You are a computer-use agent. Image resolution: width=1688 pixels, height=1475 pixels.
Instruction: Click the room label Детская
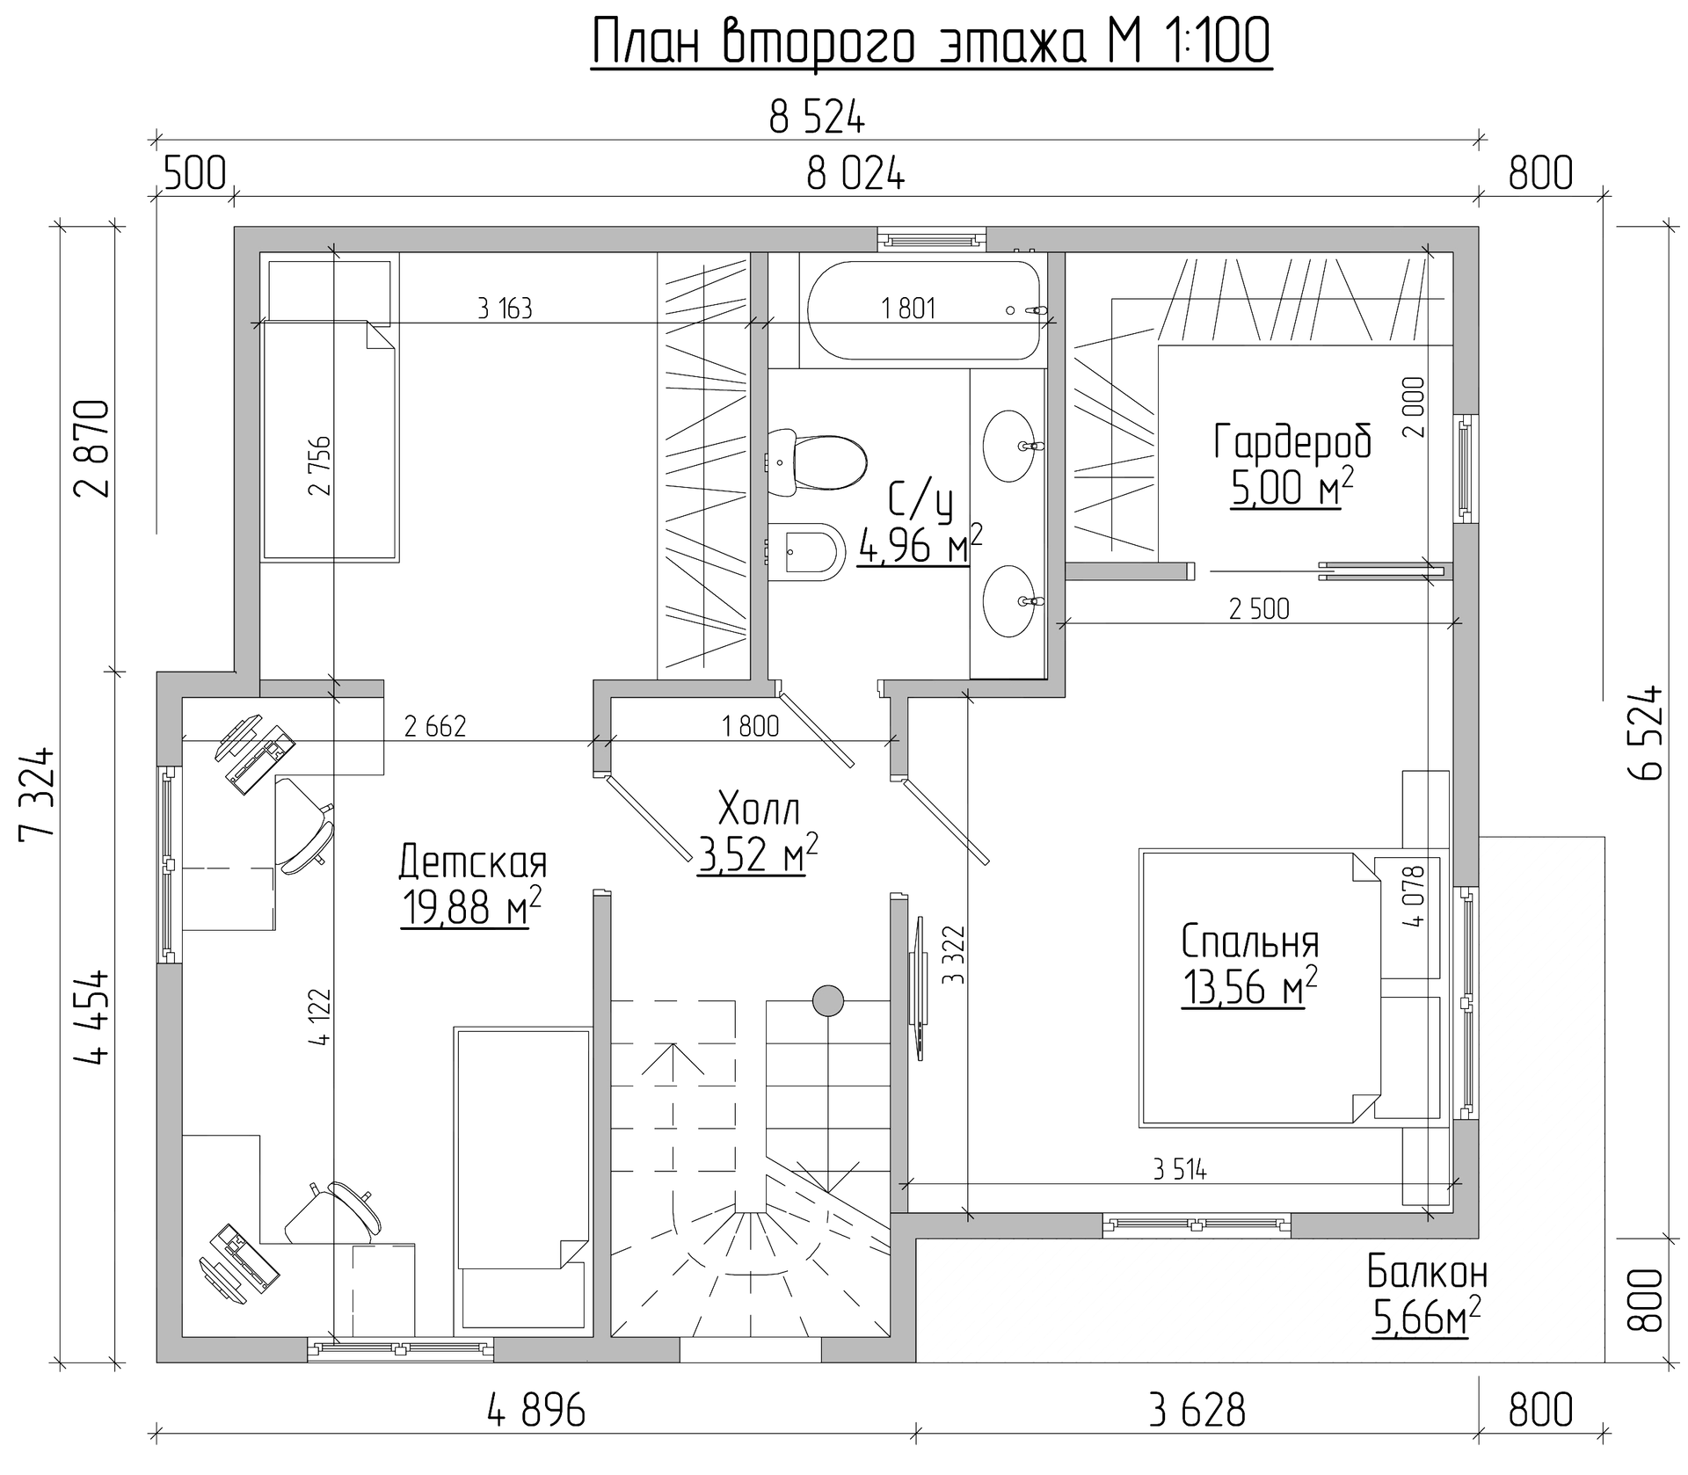tap(473, 862)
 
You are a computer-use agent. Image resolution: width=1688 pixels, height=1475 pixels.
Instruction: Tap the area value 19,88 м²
tap(471, 906)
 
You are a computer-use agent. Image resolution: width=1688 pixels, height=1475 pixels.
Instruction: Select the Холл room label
tap(759, 806)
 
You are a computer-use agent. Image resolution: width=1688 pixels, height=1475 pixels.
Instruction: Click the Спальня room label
tap(1250, 941)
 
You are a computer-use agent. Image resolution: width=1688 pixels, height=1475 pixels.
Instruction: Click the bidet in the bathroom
tap(805, 552)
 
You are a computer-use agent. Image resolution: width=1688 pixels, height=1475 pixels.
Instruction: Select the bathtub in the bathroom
tap(926, 310)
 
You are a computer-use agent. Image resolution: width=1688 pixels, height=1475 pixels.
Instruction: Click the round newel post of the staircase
tap(828, 999)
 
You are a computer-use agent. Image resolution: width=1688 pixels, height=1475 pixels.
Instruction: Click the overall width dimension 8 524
tap(817, 119)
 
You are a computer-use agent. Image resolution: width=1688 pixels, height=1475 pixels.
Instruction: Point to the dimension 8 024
tap(855, 175)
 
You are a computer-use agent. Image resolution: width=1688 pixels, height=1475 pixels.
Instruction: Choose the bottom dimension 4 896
tap(535, 1411)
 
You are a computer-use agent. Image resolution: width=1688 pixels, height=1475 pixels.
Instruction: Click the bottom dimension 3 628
tap(1197, 1411)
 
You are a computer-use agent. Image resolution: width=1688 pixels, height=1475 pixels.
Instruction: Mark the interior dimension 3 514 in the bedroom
tap(1180, 1169)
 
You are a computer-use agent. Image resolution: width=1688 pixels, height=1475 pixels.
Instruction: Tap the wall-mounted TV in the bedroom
tap(918, 988)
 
